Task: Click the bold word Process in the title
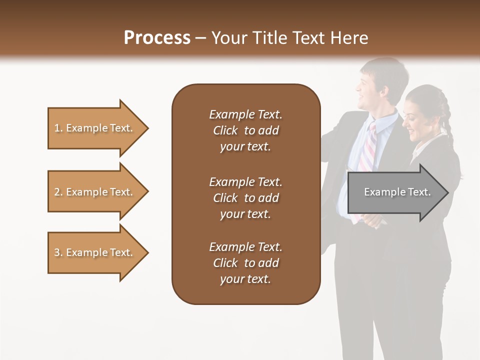tap(157, 38)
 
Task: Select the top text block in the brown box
tap(245, 130)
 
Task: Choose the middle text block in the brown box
tap(245, 198)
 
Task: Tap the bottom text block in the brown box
tap(245, 263)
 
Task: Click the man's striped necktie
tap(367, 150)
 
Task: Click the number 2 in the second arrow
tap(57, 192)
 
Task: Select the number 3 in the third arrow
tap(57, 252)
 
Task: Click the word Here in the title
tap(349, 38)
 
